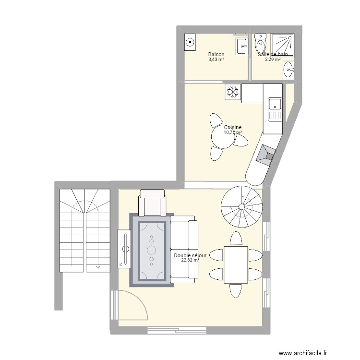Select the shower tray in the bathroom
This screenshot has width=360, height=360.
coord(282,45)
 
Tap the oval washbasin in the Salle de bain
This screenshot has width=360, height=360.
coord(288,71)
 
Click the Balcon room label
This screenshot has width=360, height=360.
coord(216,55)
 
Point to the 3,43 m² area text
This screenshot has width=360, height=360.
coord(216,60)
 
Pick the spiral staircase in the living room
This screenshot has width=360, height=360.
coord(241,207)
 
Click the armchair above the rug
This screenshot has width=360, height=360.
coord(152,203)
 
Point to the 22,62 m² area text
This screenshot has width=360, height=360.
coord(190,261)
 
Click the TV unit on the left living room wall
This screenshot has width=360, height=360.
coord(124,248)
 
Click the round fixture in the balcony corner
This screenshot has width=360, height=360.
coord(190,43)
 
